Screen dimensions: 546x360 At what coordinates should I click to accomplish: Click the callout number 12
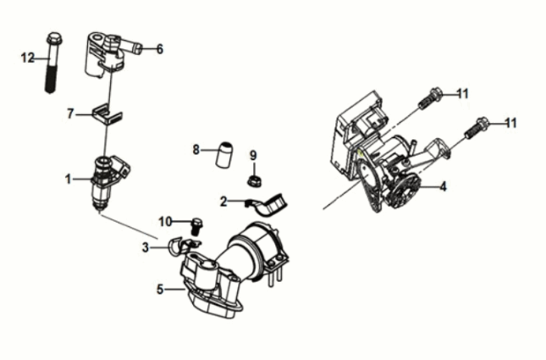click(28, 58)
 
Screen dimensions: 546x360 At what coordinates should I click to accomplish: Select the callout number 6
click(159, 49)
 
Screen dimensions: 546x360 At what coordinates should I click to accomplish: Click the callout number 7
click(71, 114)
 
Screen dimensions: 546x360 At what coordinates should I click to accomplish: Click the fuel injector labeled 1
click(108, 182)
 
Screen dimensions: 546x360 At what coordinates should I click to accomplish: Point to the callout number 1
click(69, 179)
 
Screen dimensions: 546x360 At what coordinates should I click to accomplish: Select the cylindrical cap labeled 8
click(224, 154)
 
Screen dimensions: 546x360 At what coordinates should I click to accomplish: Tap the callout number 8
click(196, 150)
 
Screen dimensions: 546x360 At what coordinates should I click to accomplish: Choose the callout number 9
click(253, 155)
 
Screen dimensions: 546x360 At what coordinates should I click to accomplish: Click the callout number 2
click(223, 201)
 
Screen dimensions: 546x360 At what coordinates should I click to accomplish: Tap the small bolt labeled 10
click(196, 226)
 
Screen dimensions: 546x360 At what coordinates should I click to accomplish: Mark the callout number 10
click(165, 221)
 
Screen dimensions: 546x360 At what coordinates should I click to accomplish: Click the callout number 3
click(146, 247)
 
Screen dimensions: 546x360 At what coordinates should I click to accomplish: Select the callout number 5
click(160, 289)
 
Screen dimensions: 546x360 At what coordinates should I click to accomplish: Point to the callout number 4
click(443, 186)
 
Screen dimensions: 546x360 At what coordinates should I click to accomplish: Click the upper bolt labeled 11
click(430, 98)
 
